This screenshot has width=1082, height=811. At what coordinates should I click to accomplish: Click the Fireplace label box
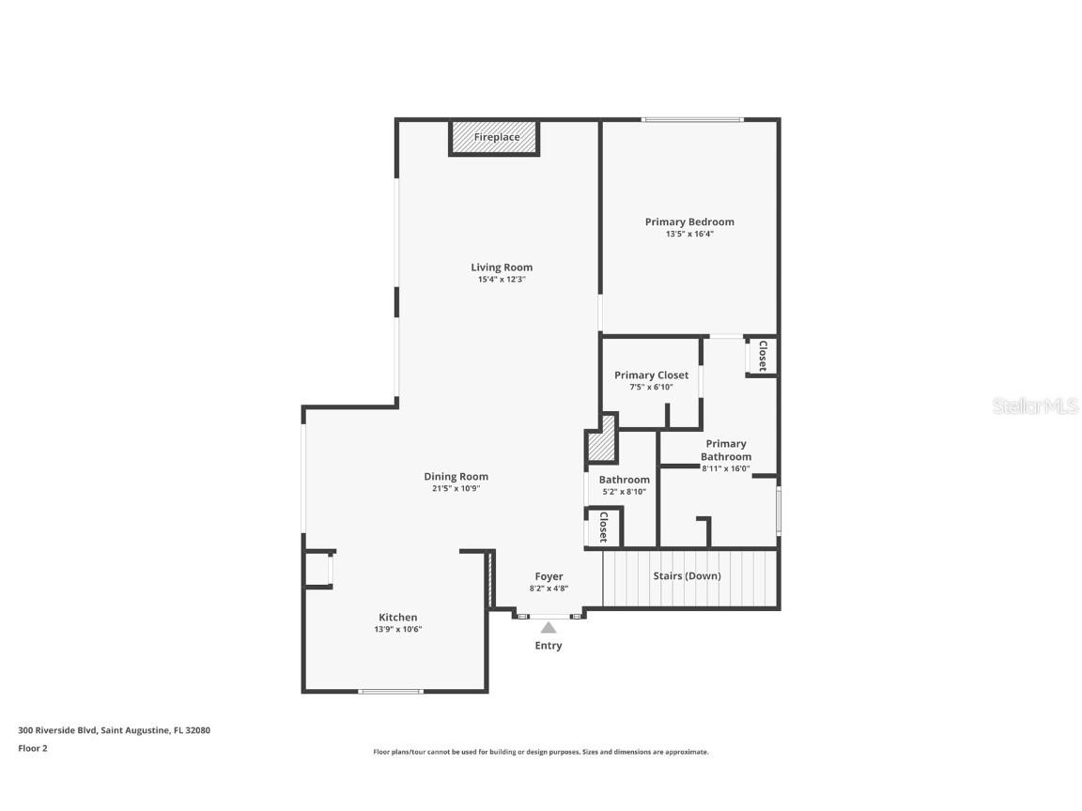[495, 137]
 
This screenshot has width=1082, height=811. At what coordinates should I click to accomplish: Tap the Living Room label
[502, 268]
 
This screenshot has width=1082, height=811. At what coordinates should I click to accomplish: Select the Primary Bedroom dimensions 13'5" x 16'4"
[689, 234]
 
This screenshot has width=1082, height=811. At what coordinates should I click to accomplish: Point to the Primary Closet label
[651, 375]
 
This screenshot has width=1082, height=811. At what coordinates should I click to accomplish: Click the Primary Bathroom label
[726, 450]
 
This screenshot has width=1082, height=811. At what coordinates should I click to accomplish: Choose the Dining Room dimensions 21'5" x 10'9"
[456, 488]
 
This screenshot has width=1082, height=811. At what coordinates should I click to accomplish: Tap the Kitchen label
[398, 618]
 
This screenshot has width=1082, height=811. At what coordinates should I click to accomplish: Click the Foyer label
[549, 577]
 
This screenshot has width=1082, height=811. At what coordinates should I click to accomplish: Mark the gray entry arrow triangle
[548, 627]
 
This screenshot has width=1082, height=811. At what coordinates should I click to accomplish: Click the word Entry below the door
[549, 646]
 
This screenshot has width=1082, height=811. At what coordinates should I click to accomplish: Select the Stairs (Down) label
[687, 575]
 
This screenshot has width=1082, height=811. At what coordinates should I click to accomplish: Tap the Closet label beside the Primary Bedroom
[762, 356]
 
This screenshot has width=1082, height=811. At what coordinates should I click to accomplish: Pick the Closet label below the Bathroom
[603, 527]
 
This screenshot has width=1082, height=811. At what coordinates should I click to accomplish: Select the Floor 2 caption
[32, 748]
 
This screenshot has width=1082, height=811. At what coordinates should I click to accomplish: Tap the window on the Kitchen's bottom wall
[391, 692]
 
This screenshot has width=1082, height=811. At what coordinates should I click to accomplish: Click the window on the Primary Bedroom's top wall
[692, 119]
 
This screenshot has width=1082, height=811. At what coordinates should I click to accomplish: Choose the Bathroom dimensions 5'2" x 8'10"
[625, 491]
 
